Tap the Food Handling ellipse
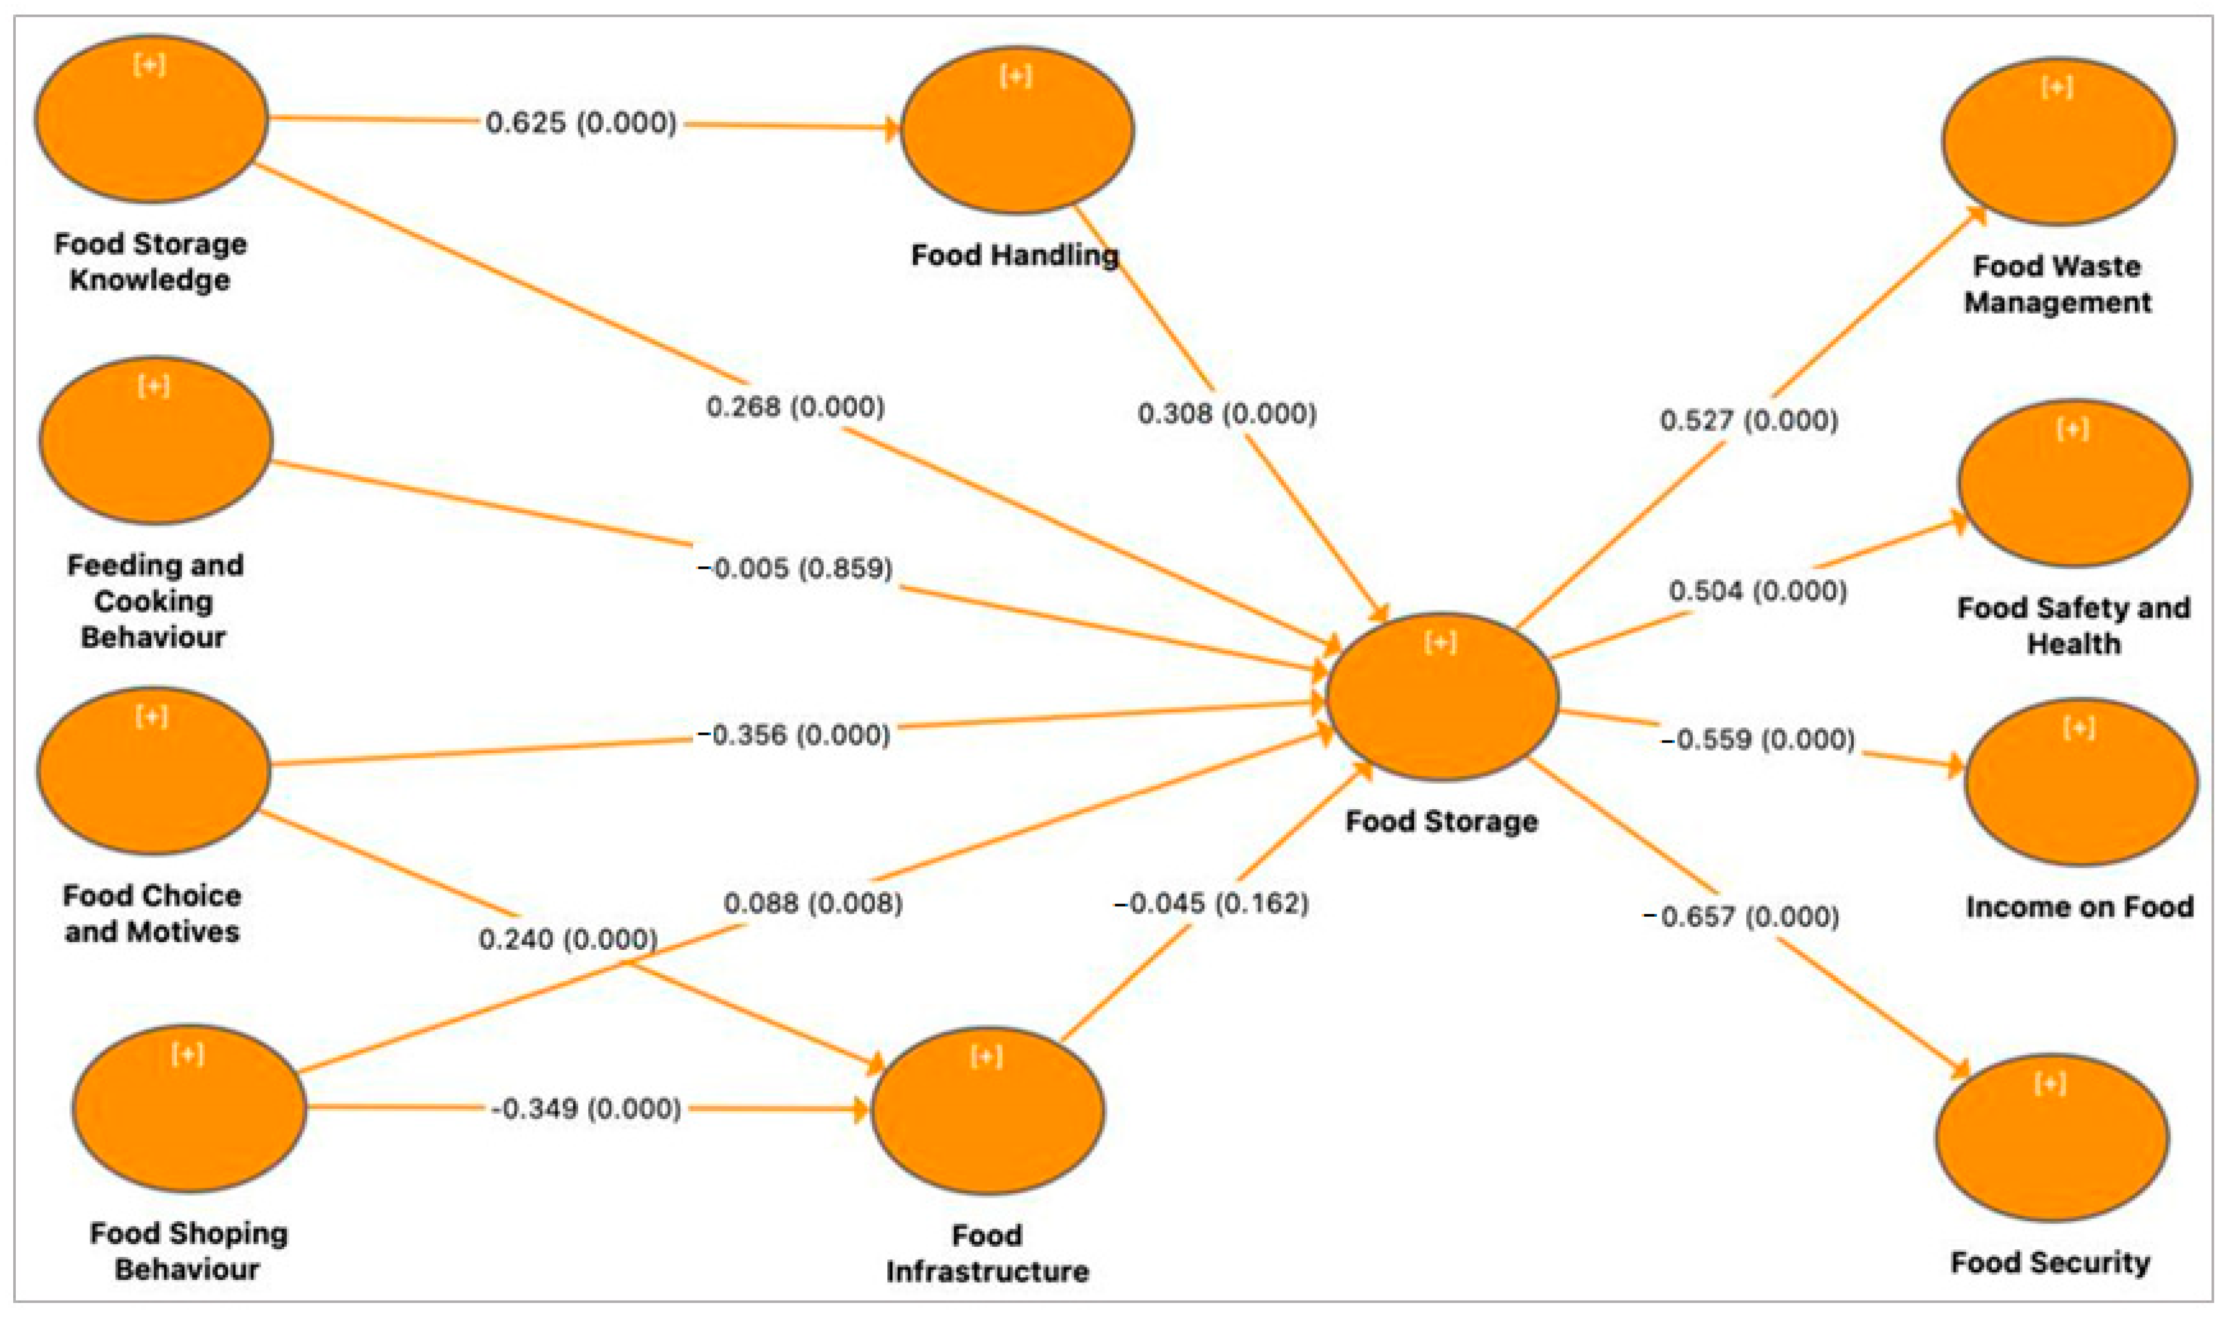coord(1016,130)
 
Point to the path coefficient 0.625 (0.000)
coord(581,122)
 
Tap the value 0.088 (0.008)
coord(813,903)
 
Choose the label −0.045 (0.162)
coord(1211,903)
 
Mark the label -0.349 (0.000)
coord(586,1108)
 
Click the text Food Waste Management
coord(2057,284)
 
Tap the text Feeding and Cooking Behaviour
coord(154,601)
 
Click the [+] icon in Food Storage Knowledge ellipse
coord(149,65)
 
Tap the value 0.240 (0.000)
coord(568,939)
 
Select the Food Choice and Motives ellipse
coord(153,771)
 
